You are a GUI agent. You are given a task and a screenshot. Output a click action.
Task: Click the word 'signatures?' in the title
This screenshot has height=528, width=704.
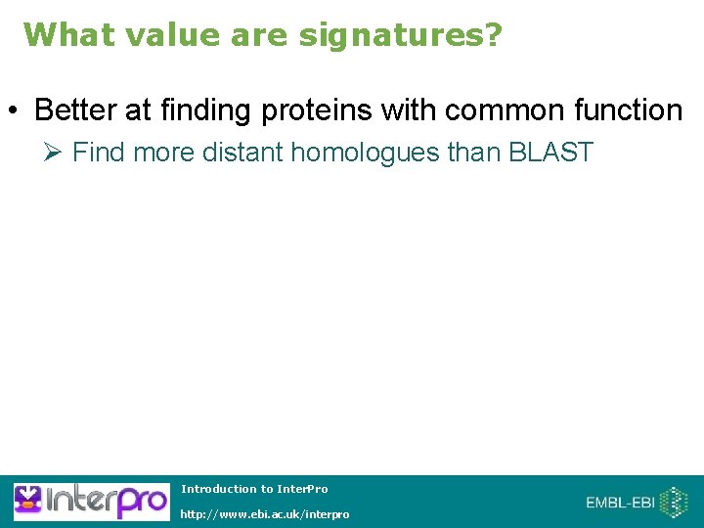[x=400, y=35]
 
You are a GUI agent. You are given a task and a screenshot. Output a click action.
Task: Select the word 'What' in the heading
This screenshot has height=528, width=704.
[x=61, y=34]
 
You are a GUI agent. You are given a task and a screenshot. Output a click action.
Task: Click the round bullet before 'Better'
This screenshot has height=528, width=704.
[x=17, y=111]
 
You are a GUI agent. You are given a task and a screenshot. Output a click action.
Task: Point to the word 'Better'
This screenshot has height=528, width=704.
[x=76, y=110]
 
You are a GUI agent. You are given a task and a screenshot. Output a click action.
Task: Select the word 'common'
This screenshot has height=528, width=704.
[x=499, y=110]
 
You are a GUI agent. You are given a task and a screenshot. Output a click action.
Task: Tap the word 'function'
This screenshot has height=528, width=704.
[x=631, y=110]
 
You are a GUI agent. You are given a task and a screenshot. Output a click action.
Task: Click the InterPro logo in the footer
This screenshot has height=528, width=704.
[x=90, y=502]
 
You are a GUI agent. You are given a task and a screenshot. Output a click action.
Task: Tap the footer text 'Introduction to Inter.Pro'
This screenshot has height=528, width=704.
[x=254, y=489]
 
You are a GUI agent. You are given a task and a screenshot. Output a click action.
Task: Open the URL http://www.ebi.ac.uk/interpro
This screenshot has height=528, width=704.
[x=264, y=514]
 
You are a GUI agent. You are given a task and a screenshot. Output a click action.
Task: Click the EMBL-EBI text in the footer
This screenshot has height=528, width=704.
[x=620, y=503]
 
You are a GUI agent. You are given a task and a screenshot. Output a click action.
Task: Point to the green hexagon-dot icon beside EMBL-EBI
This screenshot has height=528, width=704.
[x=675, y=503]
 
